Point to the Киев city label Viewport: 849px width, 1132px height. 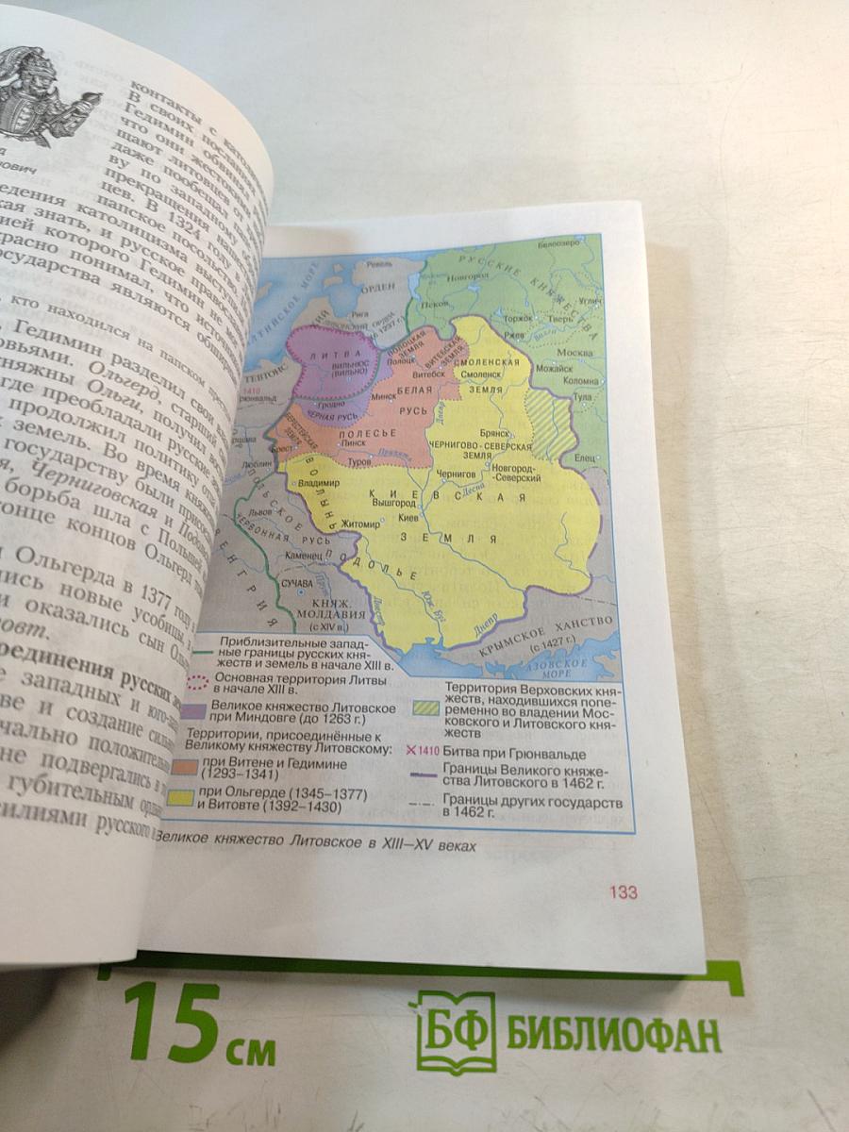coord(408,518)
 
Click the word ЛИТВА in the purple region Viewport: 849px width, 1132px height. coord(327,354)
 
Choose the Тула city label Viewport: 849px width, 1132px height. coord(582,396)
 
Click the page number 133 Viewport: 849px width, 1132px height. coord(623,891)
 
